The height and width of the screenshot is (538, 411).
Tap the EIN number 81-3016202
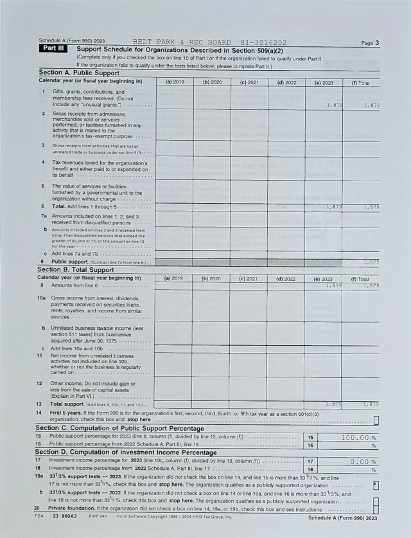click(x=263, y=42)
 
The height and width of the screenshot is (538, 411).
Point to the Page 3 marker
click(x=370, y=43)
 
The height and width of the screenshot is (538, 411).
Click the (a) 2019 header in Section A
click(x=175, y=82)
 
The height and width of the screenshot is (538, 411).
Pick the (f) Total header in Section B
click(x=360, y=279)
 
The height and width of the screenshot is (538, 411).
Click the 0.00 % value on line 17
click(x=358, y=461)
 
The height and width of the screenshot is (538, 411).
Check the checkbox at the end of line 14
click(x=376, y=420)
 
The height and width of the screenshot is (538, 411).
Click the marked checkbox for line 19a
click(x=376, y=485)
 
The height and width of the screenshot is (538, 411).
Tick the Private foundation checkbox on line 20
click(x=376, y=509)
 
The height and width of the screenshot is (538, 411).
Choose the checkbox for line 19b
click(x=376, y=500)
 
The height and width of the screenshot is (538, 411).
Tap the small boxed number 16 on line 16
click(x=310, y=445)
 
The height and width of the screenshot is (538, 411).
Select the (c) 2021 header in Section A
click(x=249, y=82)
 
